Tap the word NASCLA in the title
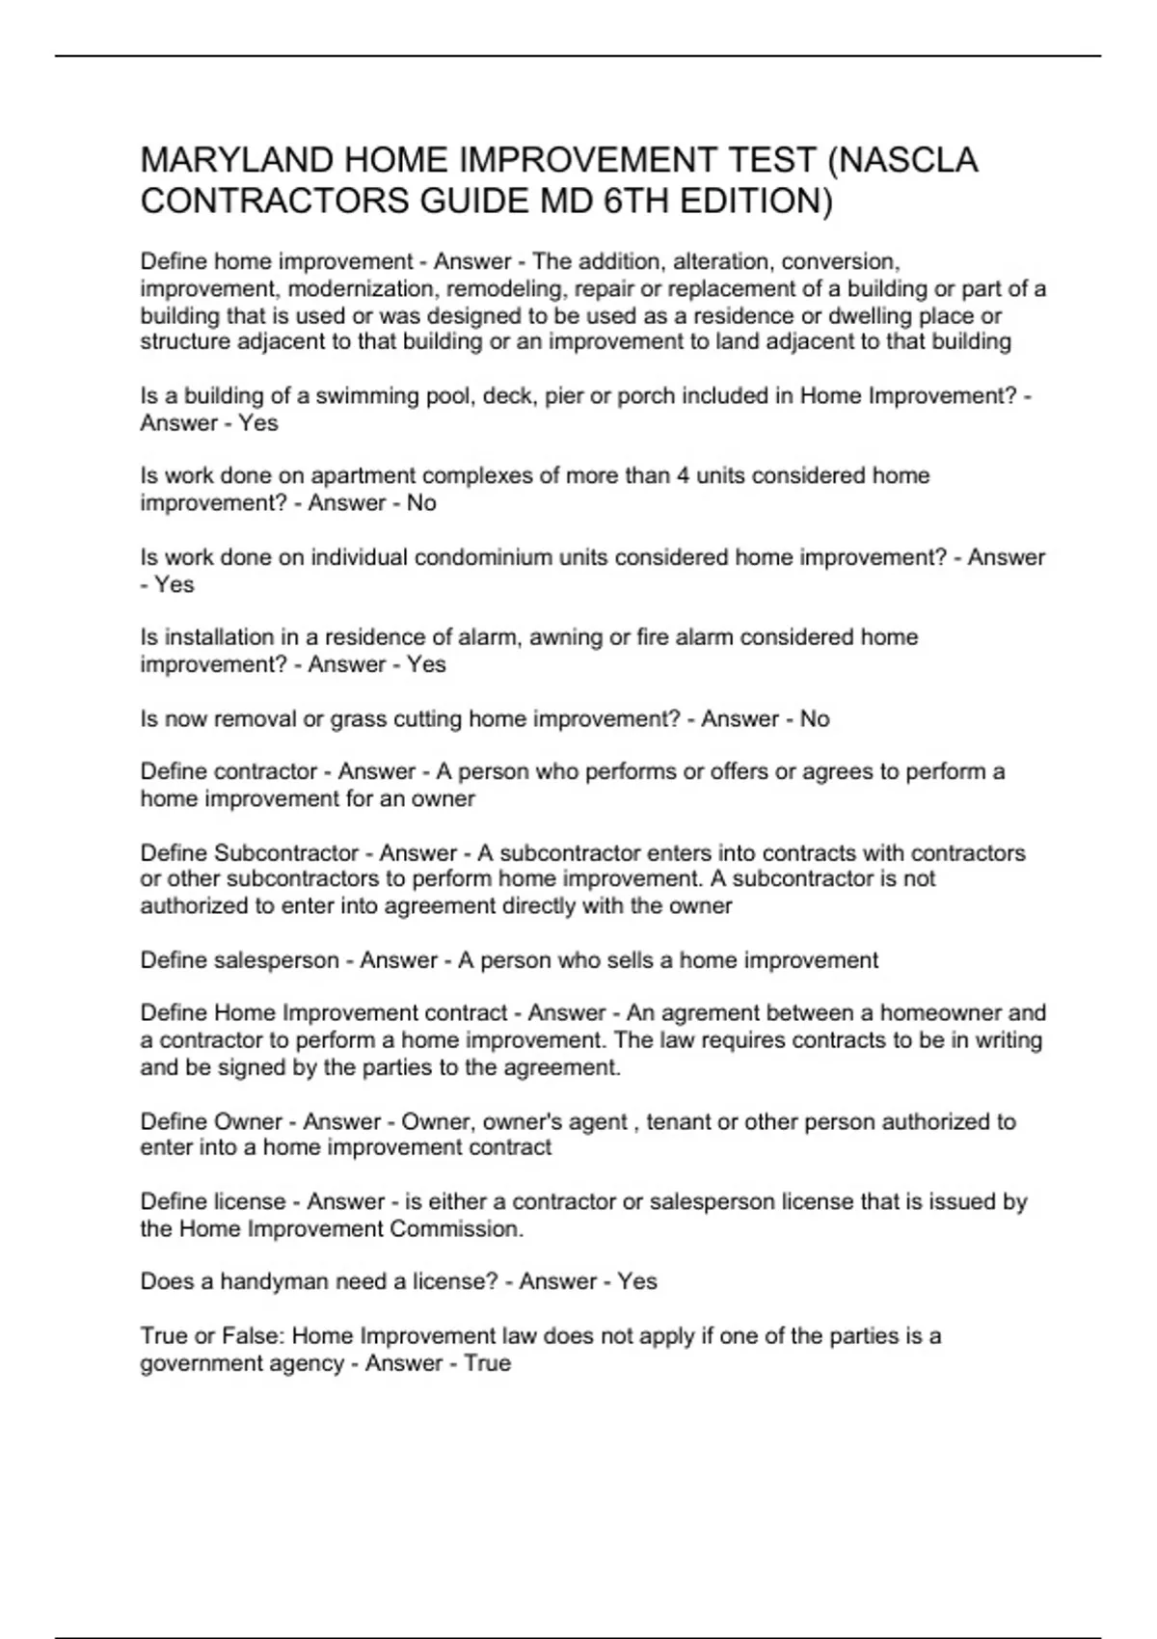pos(912,160)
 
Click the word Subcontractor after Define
pos(286,853)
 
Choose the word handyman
pos(269,1282)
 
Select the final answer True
pos(487,1364)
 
